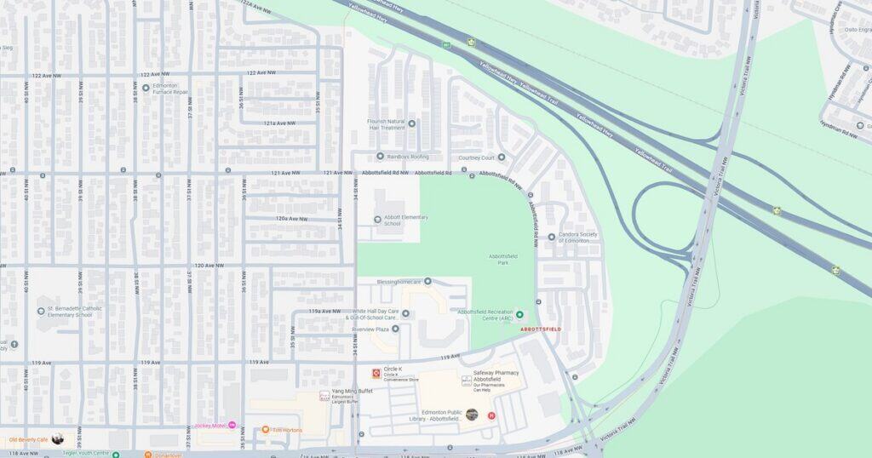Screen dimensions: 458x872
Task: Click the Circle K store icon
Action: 376,373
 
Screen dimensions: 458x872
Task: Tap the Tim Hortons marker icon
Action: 266,430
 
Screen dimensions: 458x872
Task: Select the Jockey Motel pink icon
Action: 232,425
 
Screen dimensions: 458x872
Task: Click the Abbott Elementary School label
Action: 405,220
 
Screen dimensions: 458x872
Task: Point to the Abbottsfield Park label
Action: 503,259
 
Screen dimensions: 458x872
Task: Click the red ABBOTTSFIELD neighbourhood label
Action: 540,329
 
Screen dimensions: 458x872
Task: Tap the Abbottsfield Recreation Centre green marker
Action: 519,315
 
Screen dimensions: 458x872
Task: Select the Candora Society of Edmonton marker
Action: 551,237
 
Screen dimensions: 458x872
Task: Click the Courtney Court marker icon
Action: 501,157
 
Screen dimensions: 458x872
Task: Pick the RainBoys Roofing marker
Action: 380,157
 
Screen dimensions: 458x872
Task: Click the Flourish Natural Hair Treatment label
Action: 386,124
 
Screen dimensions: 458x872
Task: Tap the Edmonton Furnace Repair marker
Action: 146,88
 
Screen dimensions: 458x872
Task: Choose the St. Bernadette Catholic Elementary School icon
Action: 41,312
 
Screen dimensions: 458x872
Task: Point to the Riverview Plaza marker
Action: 395,329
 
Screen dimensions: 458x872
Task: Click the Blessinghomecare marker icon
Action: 427,281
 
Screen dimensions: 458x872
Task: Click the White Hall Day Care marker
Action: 405,313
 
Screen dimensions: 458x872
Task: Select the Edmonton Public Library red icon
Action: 491,415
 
